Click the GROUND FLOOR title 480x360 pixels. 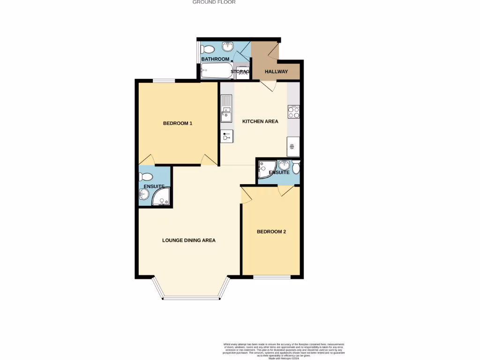(x=214, y=2)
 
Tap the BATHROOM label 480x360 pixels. (x=215, y=59)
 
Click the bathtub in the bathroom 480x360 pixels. (x=216, y=72)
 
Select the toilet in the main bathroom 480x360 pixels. (x=207, y=49)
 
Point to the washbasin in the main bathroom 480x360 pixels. (x=228, y=46)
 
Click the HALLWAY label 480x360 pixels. (x=277, y=72)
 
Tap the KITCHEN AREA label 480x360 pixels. (x=260, y=121)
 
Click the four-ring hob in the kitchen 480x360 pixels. (x=293, y=112)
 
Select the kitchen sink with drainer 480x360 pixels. (x=226, y=108)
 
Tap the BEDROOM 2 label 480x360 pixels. (x=271, y=232)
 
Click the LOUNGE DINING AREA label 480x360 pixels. (x=189, y=240)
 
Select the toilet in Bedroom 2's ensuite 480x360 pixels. (x=296, y=167)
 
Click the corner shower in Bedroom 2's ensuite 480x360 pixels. (x=265, y=169)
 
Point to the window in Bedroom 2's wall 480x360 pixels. (x=271, y=277)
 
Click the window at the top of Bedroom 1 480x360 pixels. (x=164, y=81)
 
